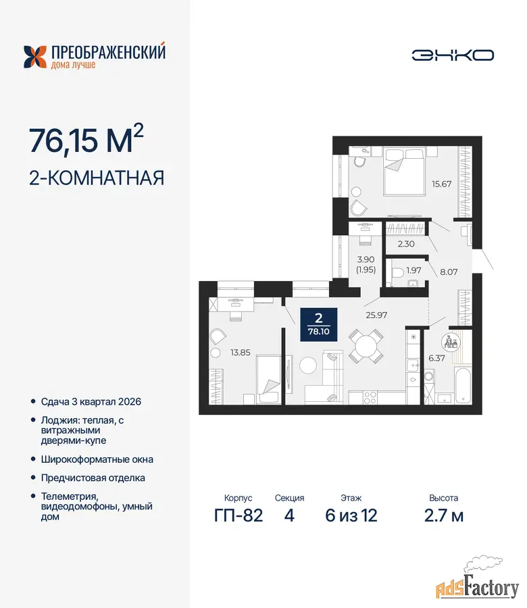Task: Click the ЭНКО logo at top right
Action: pos(453,55)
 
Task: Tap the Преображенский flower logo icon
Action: pos(35,57)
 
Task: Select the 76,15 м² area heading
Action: pos(86,139)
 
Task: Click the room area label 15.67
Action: pos(442,184)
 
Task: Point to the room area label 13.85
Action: pos(241,353)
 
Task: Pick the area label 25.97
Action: pos(376,315)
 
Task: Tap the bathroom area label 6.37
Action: pos(436,358)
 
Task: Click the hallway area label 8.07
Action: pos(449,272)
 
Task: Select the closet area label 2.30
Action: pos(406,244)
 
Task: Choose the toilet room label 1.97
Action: pos(413,270)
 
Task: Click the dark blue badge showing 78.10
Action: pos(319,324)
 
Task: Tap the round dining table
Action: pos(366,346)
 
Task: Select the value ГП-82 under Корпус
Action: pos(239,515)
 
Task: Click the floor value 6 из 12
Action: pos(351,515)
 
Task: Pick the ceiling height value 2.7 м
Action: pos(444,515)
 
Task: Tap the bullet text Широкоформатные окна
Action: pos(97,459)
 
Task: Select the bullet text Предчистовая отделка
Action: pos(93,478)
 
